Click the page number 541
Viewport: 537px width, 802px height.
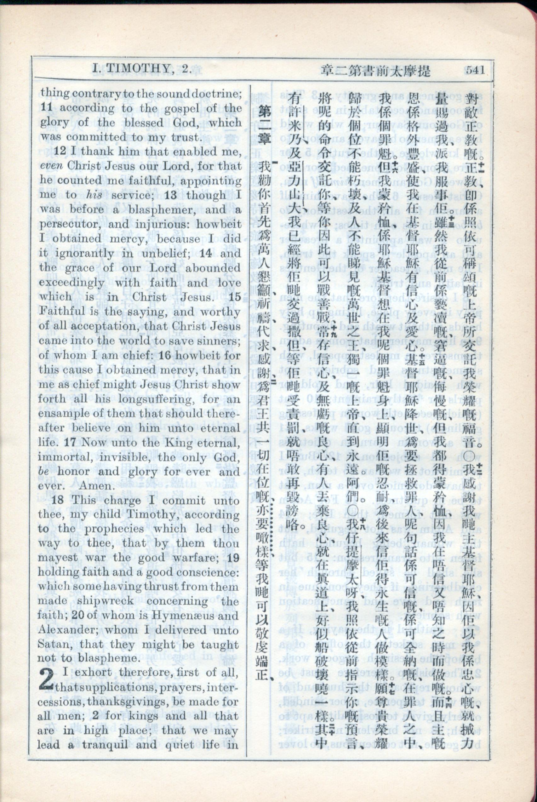point(475,70)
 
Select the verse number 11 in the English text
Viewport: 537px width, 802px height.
point(46,107)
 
